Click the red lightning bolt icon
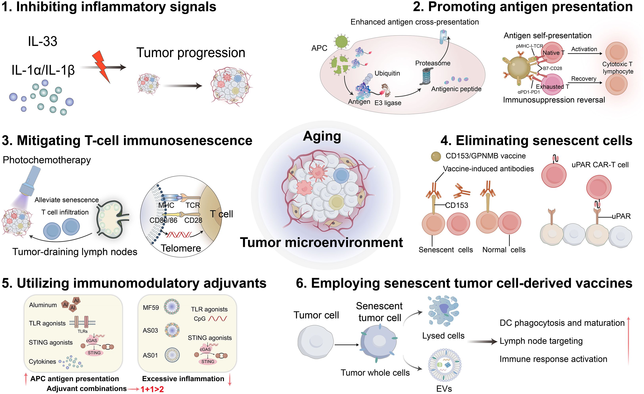click(x=101, y=66)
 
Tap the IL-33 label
click(x=43, y=41)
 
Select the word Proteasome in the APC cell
click(x=433, y=63)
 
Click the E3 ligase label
click(x=388, y=103)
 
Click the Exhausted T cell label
click(x=552, y=86)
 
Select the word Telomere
click(x=181, y=248)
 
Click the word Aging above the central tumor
click(x=322, y=136)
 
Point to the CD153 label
click(x=456, y=205)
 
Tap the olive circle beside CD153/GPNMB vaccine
click(x=436, y=156)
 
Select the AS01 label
click(x=150, y=355)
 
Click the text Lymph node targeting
click(x=541, y=341)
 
